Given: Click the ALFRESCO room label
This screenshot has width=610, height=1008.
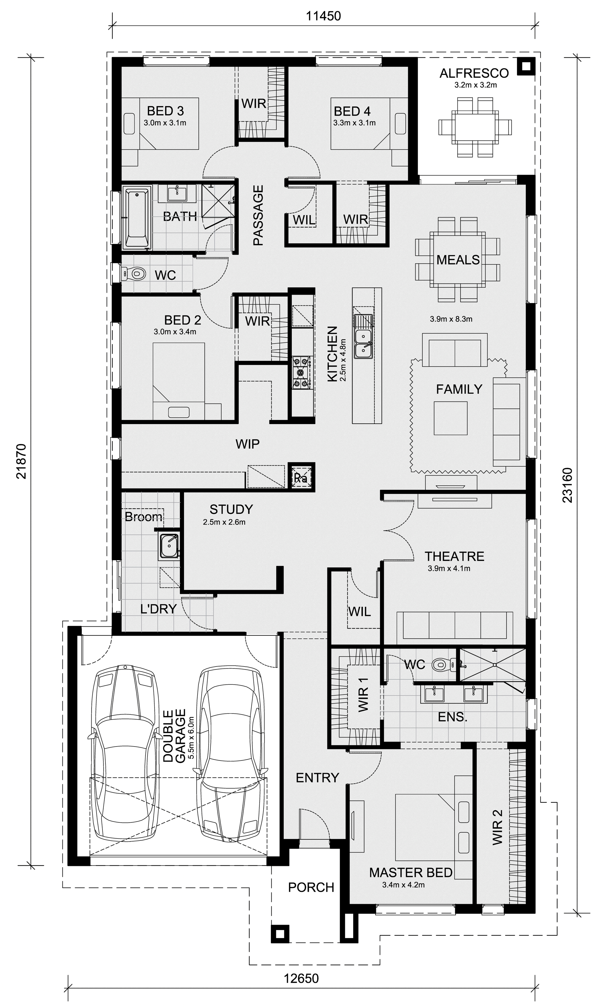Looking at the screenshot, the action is (x=474, y=73).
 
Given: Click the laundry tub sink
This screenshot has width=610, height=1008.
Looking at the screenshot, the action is (x=169, y=545).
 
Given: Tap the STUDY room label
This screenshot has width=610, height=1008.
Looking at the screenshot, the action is (x=231, y=509).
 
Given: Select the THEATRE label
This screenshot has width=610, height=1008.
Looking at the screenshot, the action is (x=454, y=556).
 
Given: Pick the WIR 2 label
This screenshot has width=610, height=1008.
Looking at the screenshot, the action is (x=497, y=827).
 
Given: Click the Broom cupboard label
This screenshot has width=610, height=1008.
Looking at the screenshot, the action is (x=143, y=517).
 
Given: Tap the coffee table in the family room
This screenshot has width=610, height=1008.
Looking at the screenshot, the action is (x=451, y=418).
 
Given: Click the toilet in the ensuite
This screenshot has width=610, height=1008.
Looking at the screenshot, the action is (x=442, y=665).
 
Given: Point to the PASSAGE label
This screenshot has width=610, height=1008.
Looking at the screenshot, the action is (x=258, y=216).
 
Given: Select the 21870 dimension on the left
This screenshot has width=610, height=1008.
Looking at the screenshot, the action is (x=22, y=461).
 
